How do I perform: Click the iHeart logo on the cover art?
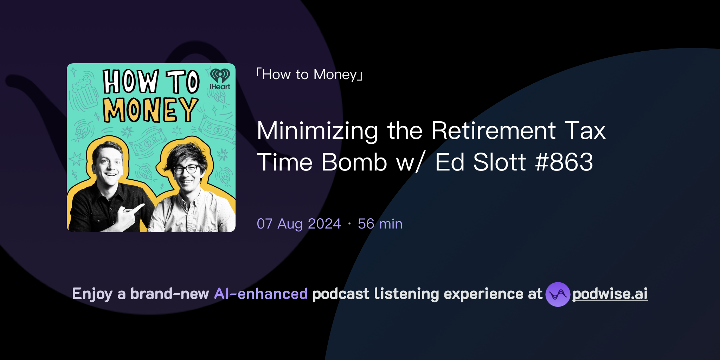click(220, 79)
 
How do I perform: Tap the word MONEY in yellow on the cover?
click(150, 110)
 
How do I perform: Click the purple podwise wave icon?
click(558, 294)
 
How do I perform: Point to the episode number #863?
click(564, 162)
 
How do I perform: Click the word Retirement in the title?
click(494, 131)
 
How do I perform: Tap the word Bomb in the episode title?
click(354, 162)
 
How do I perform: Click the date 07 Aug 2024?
click(299, 224)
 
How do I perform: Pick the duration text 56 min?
click(380, 224)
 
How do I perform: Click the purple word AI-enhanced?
click(261, 294)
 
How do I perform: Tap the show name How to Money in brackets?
click(309, 75)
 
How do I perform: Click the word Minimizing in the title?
click(317, 131)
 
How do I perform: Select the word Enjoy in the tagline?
click(92, 294)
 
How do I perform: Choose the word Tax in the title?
click(585, 131)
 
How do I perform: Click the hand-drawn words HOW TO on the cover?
click(151, 82)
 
